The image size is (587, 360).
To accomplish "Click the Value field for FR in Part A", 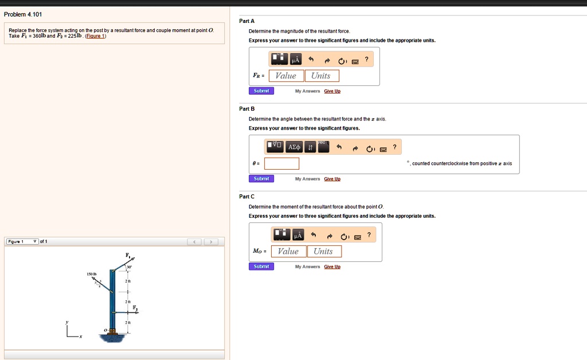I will [286, 76].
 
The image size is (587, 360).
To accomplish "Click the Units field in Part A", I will [321, 76].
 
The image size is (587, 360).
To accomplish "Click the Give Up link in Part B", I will [332, 179].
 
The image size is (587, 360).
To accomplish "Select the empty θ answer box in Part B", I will [281, 163].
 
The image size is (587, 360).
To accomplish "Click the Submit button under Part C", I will [261, 267].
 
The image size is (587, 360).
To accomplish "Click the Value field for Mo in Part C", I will [288, 251].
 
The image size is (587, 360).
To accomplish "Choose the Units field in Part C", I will [323, 251].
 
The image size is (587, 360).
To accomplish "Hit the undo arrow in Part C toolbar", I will [314, 235].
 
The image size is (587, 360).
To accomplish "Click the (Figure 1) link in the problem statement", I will [95, 36].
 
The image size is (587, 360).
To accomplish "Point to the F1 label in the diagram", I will [127, 255].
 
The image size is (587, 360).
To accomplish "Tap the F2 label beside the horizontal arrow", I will [135, 308].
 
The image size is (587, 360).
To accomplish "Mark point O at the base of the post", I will [105, 331].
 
